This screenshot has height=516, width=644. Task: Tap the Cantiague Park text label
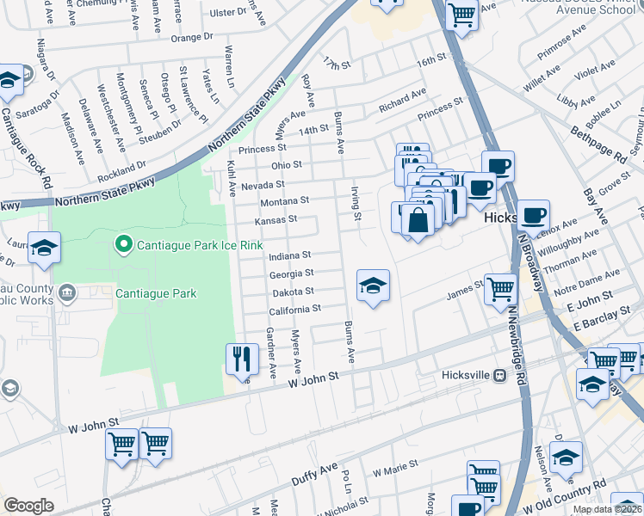coord(157,294)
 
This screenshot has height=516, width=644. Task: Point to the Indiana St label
coord(290,256)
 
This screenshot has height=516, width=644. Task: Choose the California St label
coord(294,308)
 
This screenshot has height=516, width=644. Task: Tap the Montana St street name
coord(283,201)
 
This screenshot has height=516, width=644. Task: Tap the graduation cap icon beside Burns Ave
coord(373,286)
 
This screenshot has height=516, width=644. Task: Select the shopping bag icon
coord(418,219)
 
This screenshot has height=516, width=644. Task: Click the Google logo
coord(28,506)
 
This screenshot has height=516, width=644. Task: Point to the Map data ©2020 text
coord(606,509)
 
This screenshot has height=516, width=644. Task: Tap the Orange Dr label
coord(191,38)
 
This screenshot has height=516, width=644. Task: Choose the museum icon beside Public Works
coord(65,294)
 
